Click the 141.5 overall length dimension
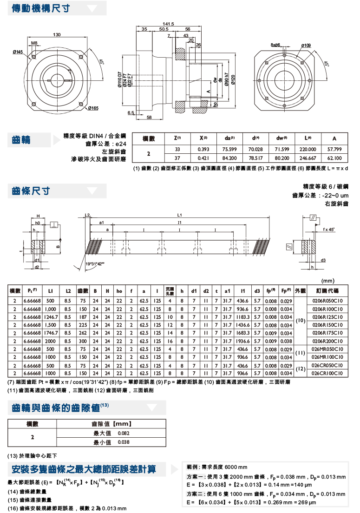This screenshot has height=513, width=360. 168,24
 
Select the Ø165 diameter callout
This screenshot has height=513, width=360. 93,109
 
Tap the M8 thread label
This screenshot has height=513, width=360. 34,43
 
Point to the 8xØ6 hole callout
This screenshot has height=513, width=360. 275,45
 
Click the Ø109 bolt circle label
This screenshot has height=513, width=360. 306,45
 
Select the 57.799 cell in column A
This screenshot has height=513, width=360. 334,149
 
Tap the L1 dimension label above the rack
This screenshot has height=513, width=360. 179,215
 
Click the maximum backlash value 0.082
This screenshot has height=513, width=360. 124,433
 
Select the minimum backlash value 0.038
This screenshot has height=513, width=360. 124,442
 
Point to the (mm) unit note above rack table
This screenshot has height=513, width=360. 328,281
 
